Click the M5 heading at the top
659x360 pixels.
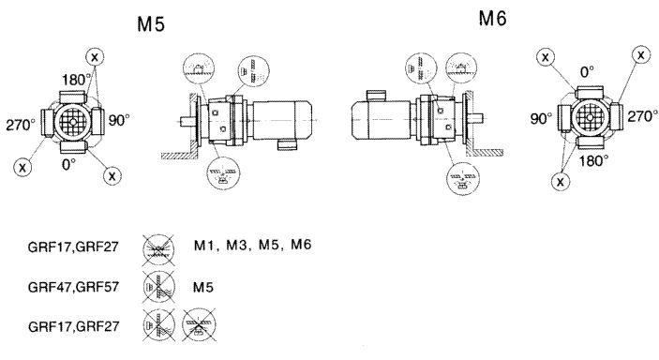coord(151,24)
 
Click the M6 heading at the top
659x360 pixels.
coord(492,19)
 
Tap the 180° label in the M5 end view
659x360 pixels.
coord(77,80)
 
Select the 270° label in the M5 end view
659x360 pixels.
coord(21,125)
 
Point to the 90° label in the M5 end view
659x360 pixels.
coord(119,120)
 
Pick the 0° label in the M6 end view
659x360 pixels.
coord(588,72)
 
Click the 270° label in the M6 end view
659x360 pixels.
coord(643,116)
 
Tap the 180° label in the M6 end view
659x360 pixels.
coord(594,160)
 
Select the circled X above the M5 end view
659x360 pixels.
coord(95,57)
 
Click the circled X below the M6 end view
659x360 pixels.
coord(561,181)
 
